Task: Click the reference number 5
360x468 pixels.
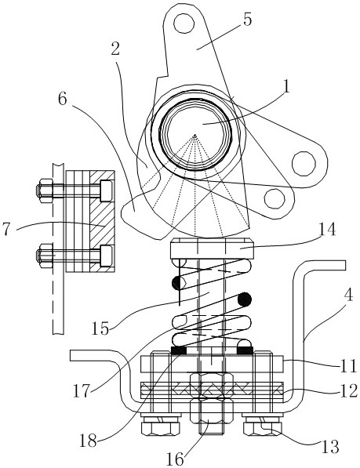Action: (x=248, y=20)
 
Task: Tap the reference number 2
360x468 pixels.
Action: (x=115, y=49)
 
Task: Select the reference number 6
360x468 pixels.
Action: (x=63, y=99)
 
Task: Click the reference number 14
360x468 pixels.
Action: (x=328, y=230)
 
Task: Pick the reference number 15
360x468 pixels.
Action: (x=101, y=328)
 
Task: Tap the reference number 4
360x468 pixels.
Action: (x=348, y=295)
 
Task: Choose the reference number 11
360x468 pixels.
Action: (x=347, y=365)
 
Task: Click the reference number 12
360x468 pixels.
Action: (x=348, y=390)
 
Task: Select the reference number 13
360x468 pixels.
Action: (x=331, y=447)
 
